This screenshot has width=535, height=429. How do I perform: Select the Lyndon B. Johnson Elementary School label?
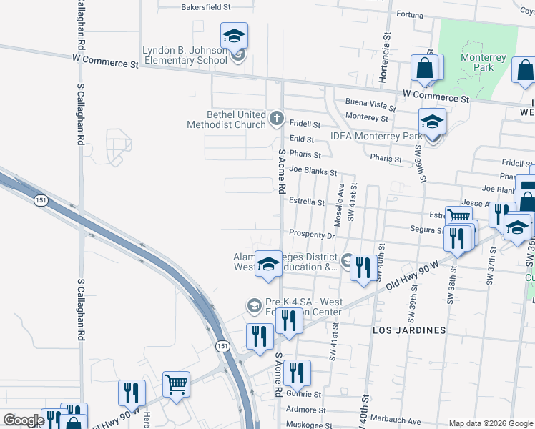(185, 55)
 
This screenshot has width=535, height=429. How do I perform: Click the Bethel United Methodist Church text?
(226, 119)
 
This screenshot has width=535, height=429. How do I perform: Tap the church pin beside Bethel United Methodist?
(277, 117)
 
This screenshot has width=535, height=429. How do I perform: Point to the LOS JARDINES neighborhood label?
(409, 330)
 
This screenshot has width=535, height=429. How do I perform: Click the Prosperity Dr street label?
(312, 235)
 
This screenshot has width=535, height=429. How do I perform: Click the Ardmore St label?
(305, 410)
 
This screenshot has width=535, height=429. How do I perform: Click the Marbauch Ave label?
(395, 421)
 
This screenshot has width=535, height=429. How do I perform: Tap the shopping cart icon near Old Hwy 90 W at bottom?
(176, 384)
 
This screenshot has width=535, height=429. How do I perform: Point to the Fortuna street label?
(411, 14)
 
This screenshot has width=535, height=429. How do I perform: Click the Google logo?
(24, 420)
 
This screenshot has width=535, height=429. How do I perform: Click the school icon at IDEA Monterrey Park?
(432, 122)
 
